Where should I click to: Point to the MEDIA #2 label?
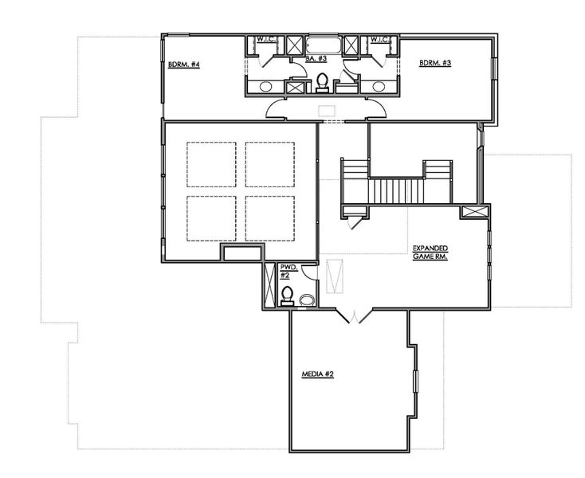point(317,374)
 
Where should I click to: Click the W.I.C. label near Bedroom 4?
point(265,38)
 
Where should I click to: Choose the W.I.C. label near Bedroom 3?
point(379,38)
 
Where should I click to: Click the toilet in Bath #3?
point(323,81)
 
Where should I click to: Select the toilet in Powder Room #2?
point(287,295)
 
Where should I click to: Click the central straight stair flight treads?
point(396,190)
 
